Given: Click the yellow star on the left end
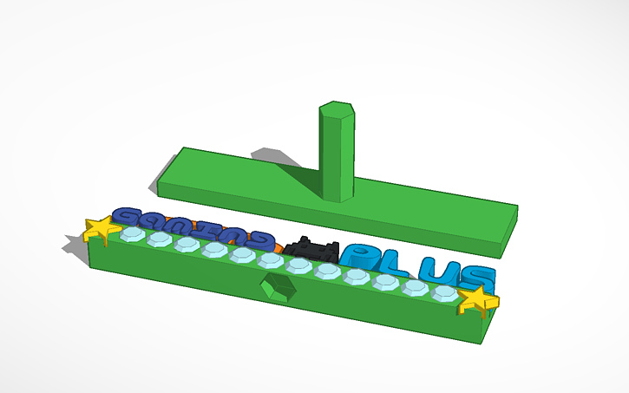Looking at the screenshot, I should [102, 230].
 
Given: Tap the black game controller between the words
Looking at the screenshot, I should [312, 249].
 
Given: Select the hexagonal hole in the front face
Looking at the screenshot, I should [278, 288].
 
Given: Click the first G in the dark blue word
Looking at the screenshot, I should [128, 217].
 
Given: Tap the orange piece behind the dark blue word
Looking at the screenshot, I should [278, 246].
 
